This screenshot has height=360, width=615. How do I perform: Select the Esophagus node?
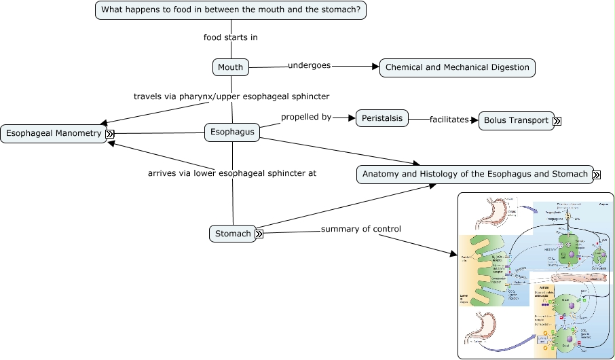coord(232,132)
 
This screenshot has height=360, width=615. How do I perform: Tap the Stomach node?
coord(232,234)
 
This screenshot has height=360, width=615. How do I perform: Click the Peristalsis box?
coord(381,118)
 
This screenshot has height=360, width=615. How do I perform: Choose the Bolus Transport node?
coord(515,121)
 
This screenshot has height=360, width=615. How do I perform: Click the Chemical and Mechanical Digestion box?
coord(457,67)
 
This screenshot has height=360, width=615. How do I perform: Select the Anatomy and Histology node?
coord(474,174)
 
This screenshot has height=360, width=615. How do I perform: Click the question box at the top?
coord(231,10)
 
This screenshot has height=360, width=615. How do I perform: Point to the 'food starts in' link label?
coord(231,37)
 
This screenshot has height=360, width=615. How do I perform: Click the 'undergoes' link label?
coord(309,65)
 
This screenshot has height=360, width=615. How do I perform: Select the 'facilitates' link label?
coord(449,120)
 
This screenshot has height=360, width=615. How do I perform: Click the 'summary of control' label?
coord(360,229)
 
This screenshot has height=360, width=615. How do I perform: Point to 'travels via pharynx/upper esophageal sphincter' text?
coord(231,96)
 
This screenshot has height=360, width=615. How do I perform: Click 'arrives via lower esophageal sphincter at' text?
coord(232,173)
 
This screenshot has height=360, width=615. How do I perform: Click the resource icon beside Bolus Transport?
coord(557,122)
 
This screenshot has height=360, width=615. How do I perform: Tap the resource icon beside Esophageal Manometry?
coord(109,134)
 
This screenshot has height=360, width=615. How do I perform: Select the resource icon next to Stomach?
coord(258,234)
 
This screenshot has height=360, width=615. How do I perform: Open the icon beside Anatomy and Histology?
coord(596,175)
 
